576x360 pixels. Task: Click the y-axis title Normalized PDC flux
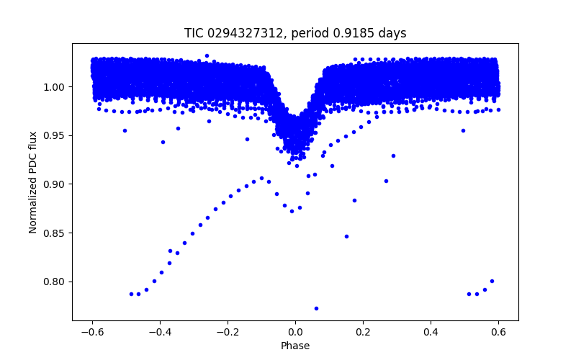pos(33,181)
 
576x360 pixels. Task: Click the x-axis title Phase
pos(295,346)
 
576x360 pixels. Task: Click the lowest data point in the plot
pos(316,308)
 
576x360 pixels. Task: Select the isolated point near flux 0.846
pos(346,236)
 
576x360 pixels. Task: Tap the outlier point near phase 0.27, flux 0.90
pos(386,181)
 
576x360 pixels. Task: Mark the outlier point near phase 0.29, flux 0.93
pos(393,156)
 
